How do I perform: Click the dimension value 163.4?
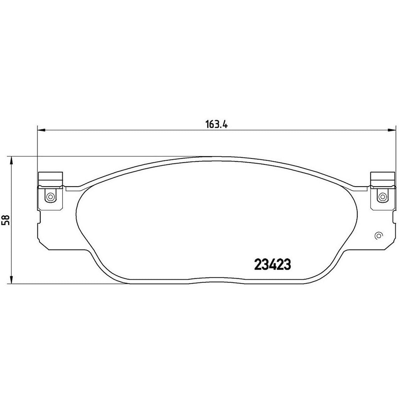pyautogui.click(x=216, y=125)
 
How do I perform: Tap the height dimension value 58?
pyautogui.click(x=6, y=219)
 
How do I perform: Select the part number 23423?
pyautogui.click(x=273, y=265)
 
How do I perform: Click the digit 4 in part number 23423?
pyautogui.click(x=273, y=265)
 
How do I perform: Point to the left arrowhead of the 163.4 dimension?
pyautogui.click(x=41, y=130)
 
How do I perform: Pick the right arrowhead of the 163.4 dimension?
pyautogui.click(x=392, y=130)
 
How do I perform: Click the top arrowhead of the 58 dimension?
pyautogui.click(x=11, y=160)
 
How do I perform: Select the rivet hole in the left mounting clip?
pyautogui.click(x=50, y=197)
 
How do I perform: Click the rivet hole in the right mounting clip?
pyautogui.click(x=382, y=197)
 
